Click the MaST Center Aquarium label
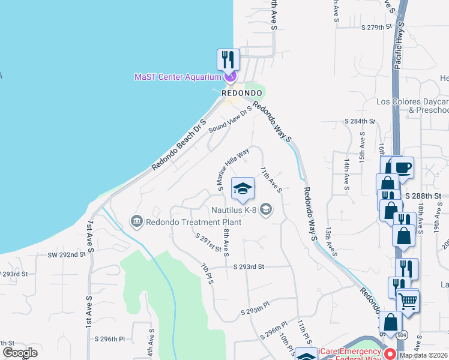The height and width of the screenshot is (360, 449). (178, 76)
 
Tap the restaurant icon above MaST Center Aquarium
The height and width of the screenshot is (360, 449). (228, 59)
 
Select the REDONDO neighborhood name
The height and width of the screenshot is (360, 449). (242, 94)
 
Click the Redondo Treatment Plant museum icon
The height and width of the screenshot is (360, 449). (136, 222)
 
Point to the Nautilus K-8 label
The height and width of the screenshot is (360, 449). (234, 210)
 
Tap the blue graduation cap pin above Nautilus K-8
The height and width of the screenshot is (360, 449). (243, 188)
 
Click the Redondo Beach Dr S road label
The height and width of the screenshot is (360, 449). (179, 143)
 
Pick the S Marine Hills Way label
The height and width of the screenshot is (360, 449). (233, 167)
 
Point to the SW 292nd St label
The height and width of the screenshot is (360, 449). (67, 254)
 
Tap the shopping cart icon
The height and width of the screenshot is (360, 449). (408, 299)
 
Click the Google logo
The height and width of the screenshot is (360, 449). (20, 352)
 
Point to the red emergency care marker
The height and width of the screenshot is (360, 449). (389, 353)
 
